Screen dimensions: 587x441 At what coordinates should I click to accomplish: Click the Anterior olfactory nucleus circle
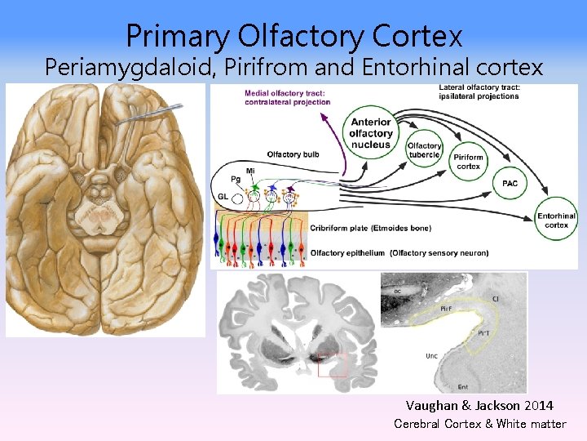(371, 133)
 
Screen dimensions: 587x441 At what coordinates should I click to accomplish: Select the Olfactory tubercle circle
(424, 150)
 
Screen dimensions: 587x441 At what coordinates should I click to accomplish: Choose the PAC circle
(510, 184)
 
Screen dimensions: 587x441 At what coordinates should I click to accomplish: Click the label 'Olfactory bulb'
(293, 154)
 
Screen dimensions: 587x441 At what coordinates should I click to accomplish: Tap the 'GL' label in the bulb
(223, 197)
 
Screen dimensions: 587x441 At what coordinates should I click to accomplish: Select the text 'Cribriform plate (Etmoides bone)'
(371, 228)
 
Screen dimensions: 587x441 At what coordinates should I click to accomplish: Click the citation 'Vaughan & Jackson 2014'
(479, 405)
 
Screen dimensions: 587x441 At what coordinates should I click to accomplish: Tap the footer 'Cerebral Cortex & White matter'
(479, 423)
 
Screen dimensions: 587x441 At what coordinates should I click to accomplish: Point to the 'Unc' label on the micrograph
(431, 356)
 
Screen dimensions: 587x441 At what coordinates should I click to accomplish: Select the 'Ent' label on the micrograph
(462, 386)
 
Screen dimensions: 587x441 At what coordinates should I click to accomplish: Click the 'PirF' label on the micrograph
(446, 309)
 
